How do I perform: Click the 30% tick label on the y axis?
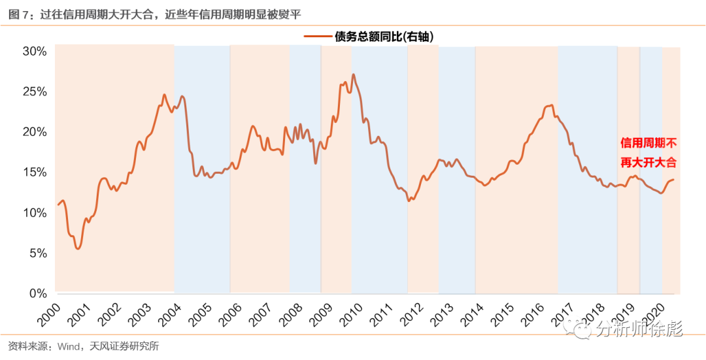[x=32, y=51]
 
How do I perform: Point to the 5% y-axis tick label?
[x=35, y=254]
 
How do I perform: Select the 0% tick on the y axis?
[x=35, y=294]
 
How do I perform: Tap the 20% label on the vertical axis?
[x=32, y=132]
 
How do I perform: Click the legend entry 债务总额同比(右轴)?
[x=385, y=37]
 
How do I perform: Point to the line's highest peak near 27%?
[x=353, y=74]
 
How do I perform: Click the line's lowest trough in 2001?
[x=78, y=248]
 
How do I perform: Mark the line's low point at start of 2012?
[x=409, y=200]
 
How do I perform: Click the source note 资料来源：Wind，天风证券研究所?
[x=84, y=346]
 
